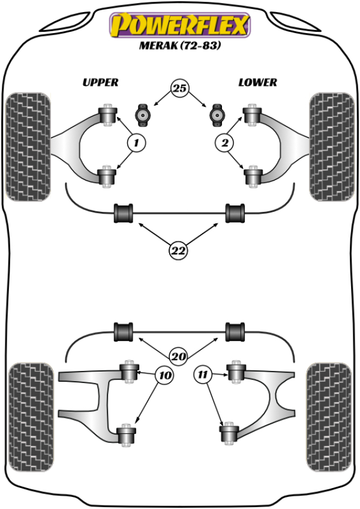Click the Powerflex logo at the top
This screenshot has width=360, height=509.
click(179, 25)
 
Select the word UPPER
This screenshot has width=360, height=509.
click(100, 83)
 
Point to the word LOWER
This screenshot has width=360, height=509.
click(257, 83)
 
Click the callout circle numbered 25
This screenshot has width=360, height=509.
click(179, 89)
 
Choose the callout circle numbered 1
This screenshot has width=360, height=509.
click(136, 143)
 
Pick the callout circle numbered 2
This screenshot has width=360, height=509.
click(224, 143)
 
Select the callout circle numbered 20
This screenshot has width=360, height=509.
click(178, 356)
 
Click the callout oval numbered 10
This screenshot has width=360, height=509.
click(164, 376)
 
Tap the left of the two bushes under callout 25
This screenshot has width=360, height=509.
click(143, 113)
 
